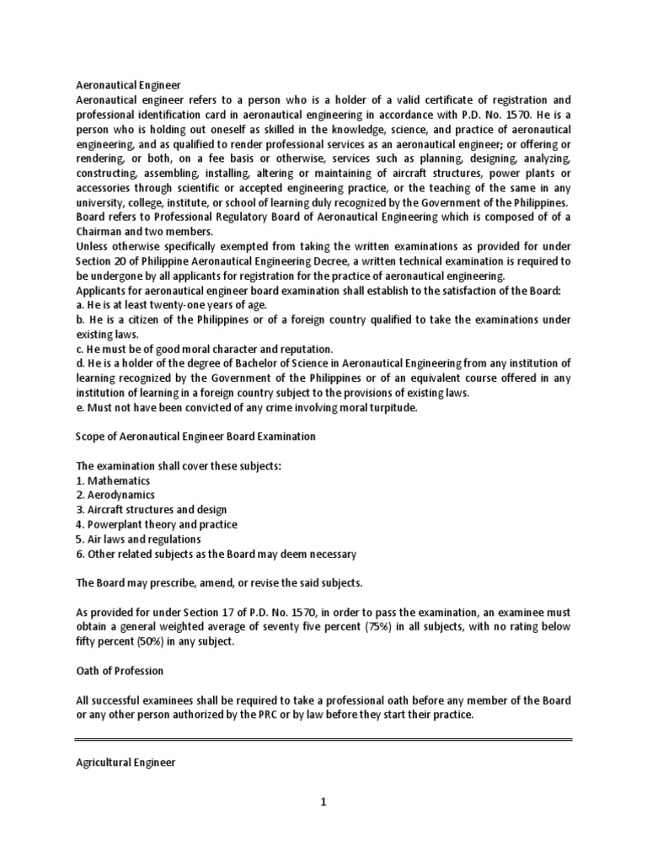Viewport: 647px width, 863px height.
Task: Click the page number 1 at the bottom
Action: [x=323, y=802]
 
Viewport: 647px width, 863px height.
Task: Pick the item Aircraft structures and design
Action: [x=151, y=510]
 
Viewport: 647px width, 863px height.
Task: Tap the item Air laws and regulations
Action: [x=138, y=539]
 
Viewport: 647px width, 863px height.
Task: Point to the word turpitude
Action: [x=385, y=408]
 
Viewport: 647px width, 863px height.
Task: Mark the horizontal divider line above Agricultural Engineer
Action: [x=323, y=741]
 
